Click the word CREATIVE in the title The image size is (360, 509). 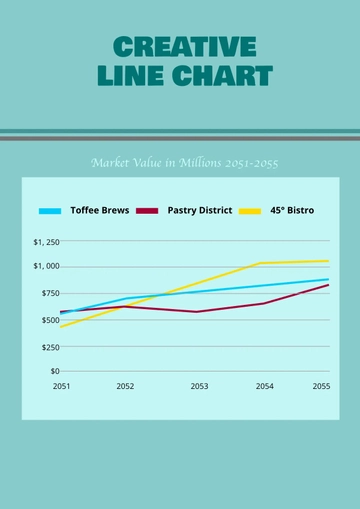pos(184,46)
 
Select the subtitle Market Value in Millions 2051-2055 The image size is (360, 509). pos(184,162)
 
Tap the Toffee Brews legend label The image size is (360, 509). pos(99,211)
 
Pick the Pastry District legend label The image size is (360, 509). pos(200,211)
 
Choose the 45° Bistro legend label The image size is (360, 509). pos(291,211)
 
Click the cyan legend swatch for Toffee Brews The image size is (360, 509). pos(50,211)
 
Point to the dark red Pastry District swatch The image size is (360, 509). pos(147,211)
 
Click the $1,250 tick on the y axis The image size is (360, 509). pos(46,242)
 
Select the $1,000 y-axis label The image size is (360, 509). pos(46,266)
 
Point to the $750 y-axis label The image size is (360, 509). pos(48,292)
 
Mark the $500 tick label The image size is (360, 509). pos(48,320)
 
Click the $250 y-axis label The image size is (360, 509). pos(48,346)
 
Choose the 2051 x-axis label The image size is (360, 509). pos(61,386)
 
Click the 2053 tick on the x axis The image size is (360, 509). pos(199,386)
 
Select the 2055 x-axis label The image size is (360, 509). pos(321,386)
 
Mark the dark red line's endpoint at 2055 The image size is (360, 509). pos(328,285)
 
